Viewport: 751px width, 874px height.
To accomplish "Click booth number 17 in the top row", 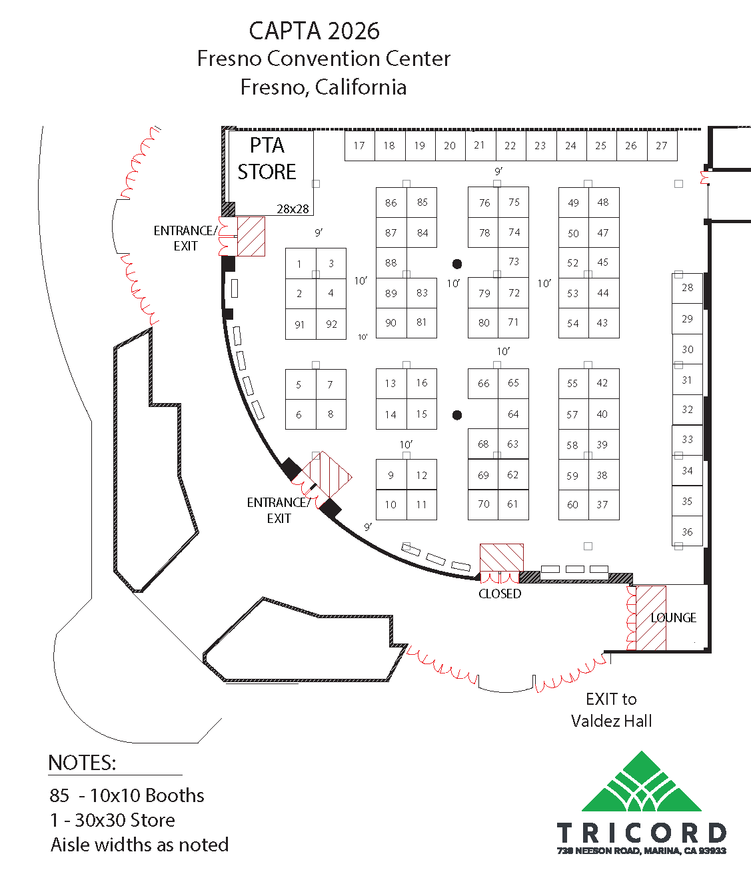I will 359,146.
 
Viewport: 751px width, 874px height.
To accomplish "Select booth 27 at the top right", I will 662,146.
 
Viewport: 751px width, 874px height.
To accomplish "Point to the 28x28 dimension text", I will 293,209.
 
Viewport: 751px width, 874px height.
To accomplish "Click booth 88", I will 391,263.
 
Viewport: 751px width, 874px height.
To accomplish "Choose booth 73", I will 514,262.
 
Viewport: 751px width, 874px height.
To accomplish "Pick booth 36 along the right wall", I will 687,532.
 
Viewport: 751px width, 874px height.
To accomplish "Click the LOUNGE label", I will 673,618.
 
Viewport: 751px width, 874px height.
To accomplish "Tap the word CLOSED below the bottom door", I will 500,594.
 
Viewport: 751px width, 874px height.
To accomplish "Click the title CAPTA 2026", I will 314,31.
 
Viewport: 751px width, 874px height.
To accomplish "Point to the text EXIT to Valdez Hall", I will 611,709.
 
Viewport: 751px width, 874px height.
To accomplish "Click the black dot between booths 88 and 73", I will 457,264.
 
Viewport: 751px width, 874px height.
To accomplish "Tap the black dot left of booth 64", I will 457,415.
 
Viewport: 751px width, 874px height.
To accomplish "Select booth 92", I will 331,324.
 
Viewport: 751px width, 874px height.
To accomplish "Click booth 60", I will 573,505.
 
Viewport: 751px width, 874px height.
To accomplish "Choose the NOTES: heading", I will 82,763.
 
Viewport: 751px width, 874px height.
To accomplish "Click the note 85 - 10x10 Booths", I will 127,795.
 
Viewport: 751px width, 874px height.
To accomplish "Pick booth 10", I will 391,505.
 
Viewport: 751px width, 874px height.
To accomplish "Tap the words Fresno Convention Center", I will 323,59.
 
